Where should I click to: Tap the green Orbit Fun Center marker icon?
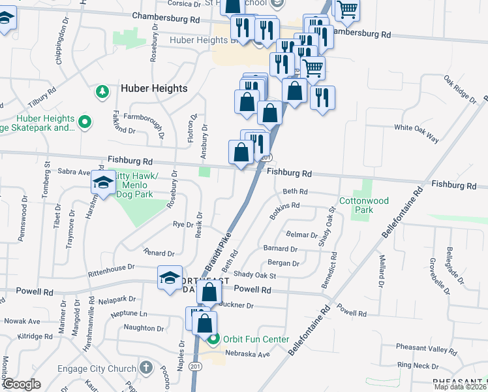pyautogui.click(x=213, y=339)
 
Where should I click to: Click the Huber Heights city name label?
pyautogui.click(x=153, y=88)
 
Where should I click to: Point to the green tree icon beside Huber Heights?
pyautogui.click(x=102, y=91)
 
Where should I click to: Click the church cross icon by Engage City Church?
pyautogui.click(x=146, y=367)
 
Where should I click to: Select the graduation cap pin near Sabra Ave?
pyautogui.click(x=103, y=183)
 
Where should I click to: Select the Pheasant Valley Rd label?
pyautogui.click(x=427, y=351)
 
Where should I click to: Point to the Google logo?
pyautogui.click(x=22, y=384)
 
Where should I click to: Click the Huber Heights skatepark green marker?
pyautogui.click(x=84, y=121)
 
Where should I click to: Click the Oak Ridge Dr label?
pyautogui.click(x=460, y=89)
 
